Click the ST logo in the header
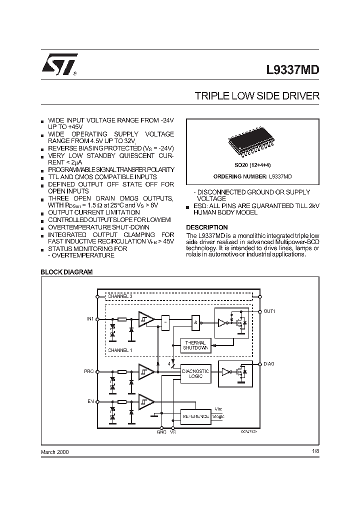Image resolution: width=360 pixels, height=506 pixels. tap(58, 65)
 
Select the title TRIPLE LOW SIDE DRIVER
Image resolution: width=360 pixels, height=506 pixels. tap(256, 96)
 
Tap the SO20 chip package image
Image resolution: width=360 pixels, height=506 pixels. tap(252, 142)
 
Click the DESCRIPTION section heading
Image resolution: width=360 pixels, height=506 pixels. tap(207, 227)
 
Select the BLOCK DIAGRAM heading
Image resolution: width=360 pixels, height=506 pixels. tap(66, 272)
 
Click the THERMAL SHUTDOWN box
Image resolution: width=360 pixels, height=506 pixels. tap(196, 345)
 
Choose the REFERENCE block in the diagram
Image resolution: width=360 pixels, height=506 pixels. tap(196, 416)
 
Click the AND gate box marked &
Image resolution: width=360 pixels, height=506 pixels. tap(195, 322)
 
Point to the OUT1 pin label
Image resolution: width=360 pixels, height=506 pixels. tap(269, 311)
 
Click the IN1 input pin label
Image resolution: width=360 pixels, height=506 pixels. tap(90, 318)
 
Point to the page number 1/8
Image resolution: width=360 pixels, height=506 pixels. tap(314, 451)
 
